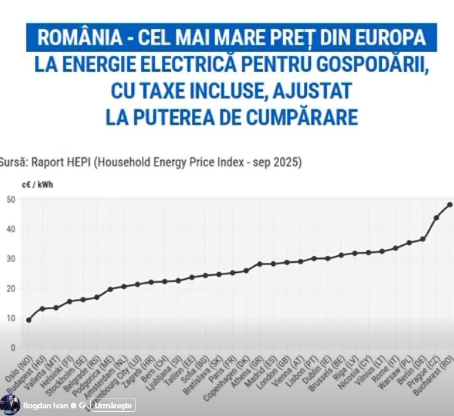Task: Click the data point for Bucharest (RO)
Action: tap(450, 205)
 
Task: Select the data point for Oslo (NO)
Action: tap(29, 320)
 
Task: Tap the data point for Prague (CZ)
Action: tap(436, 218)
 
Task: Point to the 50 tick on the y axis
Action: tap(11, 199)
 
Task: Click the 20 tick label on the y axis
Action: tap(11, 289)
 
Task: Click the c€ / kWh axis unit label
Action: tap(36, 184)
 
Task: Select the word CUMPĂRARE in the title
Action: tap(298, 117)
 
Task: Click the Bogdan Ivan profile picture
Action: tap(10, 405)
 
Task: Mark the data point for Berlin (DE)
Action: tap(422, 239)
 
